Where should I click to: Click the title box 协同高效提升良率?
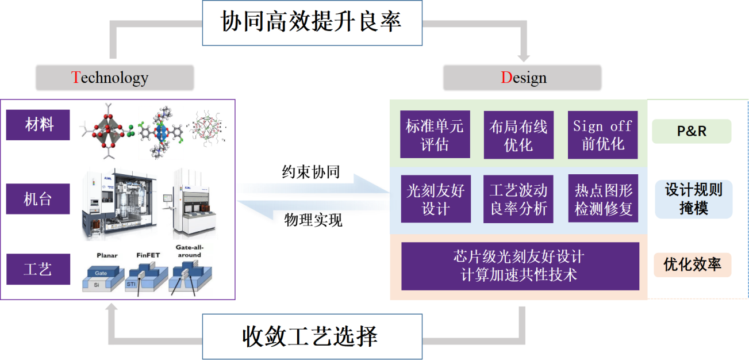click(x=312, y=22)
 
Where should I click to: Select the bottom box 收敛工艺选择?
click(x=312, y=336)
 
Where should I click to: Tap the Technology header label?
click(x=115, y=78)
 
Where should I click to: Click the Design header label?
click(x=523, y=78)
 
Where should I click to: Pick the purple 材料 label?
click(x=38, y=125)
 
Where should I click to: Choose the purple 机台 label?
click(x=38, y=199)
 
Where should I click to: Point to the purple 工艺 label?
click(x=38, y=269)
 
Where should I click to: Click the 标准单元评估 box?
click(x=435, y=135)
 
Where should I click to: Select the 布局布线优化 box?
click(x=518, y=135)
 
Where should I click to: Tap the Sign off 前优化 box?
click(x=603, y=135)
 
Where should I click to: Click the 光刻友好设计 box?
click(x=435, y=199)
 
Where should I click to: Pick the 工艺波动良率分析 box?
click(x=518, y=199)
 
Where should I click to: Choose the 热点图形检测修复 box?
click(x=603, y=199)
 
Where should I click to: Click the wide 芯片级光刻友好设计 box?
click(x=520, y=266)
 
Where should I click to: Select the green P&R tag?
click(x=692, y=131)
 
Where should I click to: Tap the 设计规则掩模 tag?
click(x=693, y=199)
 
